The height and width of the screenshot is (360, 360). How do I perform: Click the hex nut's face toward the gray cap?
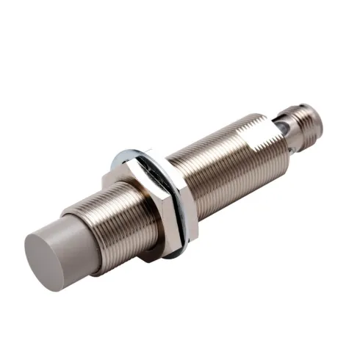point(140,202)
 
